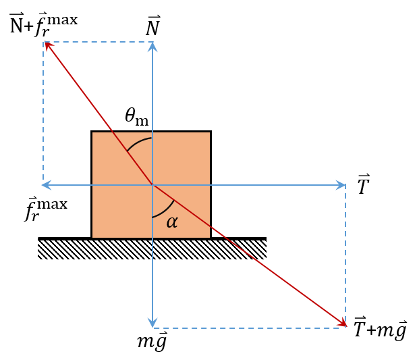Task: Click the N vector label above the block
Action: tap(153, 26)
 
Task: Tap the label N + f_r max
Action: tap(44, 24)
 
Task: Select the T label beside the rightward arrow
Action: tap(364, 184)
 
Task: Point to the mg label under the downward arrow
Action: tap(152, 341)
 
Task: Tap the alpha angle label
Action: tap(172, 222)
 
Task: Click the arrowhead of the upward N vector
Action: tap(152, 47)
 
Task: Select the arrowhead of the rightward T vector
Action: tap(341, 185)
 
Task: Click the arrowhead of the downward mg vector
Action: tap(152, 323)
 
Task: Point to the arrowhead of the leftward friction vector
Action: tap(47, 185)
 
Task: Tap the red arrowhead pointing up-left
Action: tap(49, 46)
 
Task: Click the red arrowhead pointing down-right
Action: tap(343, 323)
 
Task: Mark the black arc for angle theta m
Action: tap(138, 142)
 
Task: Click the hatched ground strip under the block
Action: tap(152, 248)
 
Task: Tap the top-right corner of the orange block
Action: tap(211, 131)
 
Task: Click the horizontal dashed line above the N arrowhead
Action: tap(99, 42)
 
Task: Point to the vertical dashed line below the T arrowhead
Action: tap(345, 255)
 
